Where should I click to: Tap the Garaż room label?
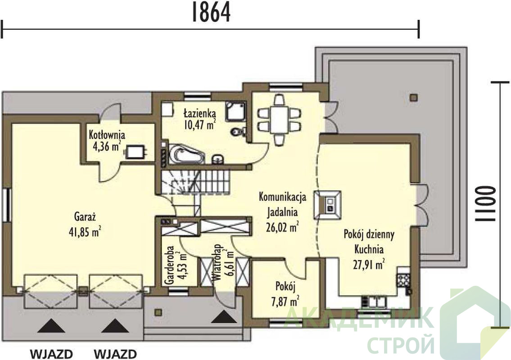(85, 216)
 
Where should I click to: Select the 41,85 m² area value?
(85, 232)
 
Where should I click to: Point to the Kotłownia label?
(107, 134)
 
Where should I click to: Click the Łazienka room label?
(200, 112)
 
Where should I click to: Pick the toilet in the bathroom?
(238, 131)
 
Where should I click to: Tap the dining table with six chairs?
(279, 120)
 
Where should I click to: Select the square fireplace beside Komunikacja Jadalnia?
(328, 205)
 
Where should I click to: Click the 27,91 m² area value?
(369, 264)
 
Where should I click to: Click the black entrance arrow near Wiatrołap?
(224, 317)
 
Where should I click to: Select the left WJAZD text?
(51, 354)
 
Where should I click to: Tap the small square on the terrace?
(414, 97)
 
